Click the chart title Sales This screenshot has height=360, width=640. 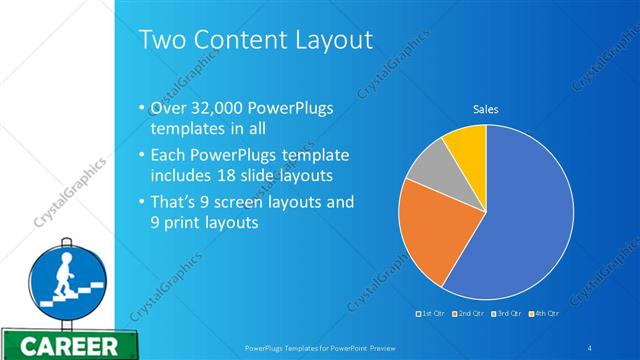(485, 109)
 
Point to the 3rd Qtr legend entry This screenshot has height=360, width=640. (507, 313)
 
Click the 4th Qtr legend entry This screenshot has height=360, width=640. (544, 313)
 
